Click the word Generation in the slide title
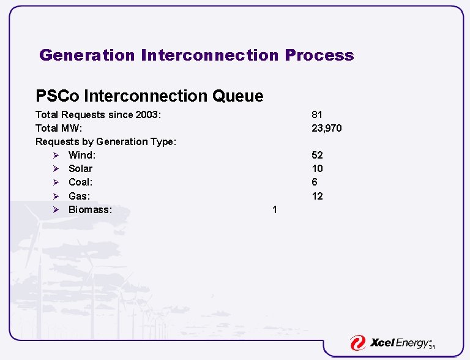(x=87, y=55)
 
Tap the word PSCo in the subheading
(x=58, y=96)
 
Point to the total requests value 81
(x=317, y=114)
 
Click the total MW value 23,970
(x=327, y=128)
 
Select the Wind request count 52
(x=317, y=155)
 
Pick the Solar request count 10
(x=317, y=168)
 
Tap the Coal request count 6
(x=315, y=182)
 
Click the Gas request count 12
(x=317, y=196)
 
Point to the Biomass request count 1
(x=275, y=209)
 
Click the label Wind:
(x=82, y=155)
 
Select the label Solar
(x=80, y=168)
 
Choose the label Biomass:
(x=90, y=209)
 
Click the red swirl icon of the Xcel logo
(x=358, y=343)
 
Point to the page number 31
(x=431, y=348)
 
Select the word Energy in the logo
(x=413, y=343)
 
